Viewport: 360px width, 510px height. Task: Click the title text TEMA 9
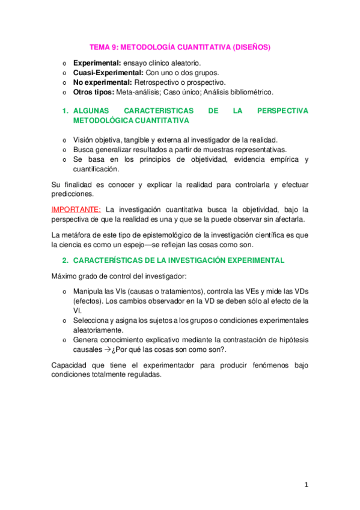[103, 46]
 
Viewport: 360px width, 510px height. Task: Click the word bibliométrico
[249, 92]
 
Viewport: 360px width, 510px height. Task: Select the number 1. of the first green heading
[66, 111]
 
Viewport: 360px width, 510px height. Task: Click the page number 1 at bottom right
[305, 485]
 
